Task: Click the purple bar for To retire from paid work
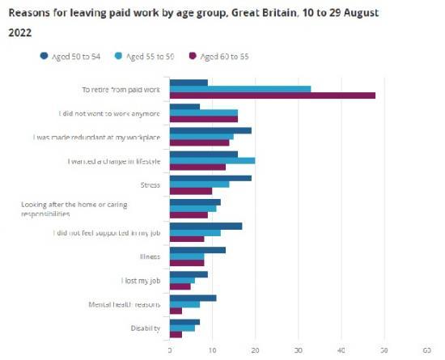pyautogui.click(x=273, y=95)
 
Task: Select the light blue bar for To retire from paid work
pyautogui.click(x=240, y=89)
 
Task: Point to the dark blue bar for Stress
pyautogui.click(x=210, y=178)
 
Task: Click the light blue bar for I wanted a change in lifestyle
pyautogui.click(x=212, y=160)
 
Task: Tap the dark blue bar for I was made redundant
pyautogui.click(x=210, y=130)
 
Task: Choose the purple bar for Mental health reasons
pyautogui.click(x=176, y=311)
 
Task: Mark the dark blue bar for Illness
pyautogui.click(x=197, y=250)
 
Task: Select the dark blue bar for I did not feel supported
pyautogui.click(x=206, y=226)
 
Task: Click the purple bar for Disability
pyautogui.click(x=176, y=334)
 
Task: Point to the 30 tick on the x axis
pyautogui.click(x=298, y=350)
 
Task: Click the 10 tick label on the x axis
pyautogui.click(x=212, y=350)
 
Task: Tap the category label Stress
pyautogui.click(x=150, y=184)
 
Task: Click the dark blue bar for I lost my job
pyautogui.click(x=189, y=274)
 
